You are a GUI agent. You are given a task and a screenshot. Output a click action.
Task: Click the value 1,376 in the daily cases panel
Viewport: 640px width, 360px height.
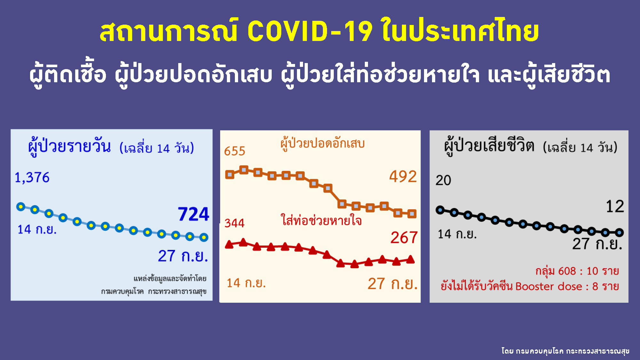32,178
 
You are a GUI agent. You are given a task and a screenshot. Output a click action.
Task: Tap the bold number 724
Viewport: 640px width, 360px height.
193,214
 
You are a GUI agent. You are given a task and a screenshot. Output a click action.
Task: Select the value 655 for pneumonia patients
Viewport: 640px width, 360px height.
235,151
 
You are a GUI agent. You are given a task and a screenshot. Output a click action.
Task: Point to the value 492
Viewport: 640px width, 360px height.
403,176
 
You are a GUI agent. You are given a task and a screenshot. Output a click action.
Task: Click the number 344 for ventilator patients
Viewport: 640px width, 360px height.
234,223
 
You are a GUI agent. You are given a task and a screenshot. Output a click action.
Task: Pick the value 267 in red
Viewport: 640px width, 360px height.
404,238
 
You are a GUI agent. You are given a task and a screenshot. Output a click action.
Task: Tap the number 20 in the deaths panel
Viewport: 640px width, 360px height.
443,180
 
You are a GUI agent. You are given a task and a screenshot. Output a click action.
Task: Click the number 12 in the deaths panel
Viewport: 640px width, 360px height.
615,206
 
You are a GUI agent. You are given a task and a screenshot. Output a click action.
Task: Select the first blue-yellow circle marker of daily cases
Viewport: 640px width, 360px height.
21,207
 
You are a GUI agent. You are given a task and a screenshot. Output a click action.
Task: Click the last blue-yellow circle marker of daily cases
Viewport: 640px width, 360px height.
204,237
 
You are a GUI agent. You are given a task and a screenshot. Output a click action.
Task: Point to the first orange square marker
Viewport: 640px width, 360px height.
230,174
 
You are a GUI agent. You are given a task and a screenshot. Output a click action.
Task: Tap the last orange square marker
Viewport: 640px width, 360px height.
412,214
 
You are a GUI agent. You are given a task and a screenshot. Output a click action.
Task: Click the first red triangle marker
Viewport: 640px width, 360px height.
229,245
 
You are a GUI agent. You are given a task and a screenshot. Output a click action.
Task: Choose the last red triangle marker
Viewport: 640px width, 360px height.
411,260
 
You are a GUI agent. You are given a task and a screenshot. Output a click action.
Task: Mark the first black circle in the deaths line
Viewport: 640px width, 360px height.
440,210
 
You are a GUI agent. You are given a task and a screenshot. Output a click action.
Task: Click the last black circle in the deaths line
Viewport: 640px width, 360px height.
620,233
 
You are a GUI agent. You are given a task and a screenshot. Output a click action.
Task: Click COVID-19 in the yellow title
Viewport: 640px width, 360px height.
310,31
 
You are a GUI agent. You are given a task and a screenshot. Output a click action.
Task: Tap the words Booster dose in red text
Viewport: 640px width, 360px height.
549,286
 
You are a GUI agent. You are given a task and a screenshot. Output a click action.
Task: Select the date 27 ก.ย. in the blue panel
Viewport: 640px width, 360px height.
183,256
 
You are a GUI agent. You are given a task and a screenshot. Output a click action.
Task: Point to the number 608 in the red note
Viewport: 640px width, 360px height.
567,271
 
